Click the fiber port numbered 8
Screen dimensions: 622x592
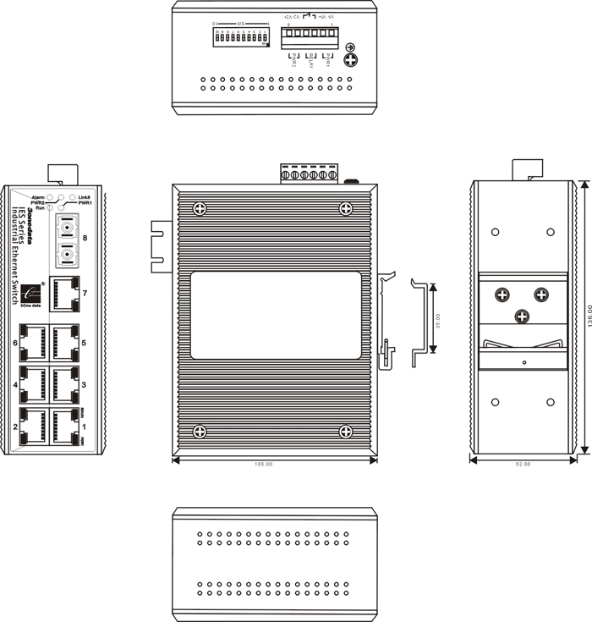[x=65, y=240]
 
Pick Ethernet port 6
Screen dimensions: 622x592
[x=33, y=344]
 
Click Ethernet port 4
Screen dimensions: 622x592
[x=33, y=385]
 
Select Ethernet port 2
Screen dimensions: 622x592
[x=33, y=426]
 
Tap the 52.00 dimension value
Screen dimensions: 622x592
[x=523, y=465]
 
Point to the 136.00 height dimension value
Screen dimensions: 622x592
[x=585, y=321]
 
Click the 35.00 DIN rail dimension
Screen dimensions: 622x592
[x=438, y=323]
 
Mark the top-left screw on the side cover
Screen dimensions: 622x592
[x=200, y=208]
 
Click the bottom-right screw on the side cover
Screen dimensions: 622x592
[x=346, y=432]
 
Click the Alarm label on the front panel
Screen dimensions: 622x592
[x=38, y=196]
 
